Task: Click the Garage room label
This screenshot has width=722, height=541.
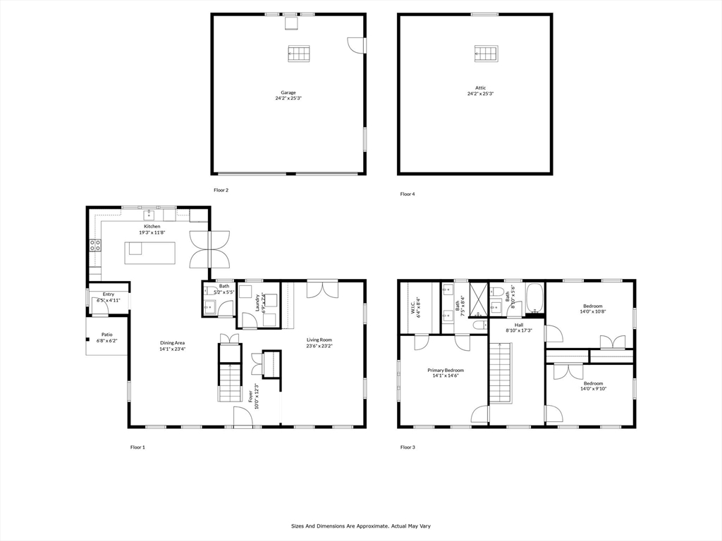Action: [x=288, y=92]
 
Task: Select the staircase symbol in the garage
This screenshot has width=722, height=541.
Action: [x=299, y=54]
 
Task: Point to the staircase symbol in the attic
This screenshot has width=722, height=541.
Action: [x=486, y=53]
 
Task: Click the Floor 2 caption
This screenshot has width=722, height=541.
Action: [x=221, y=189]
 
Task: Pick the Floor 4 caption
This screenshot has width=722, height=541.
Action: [x=408, y=194]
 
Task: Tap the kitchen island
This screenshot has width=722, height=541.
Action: [x=149, y=252]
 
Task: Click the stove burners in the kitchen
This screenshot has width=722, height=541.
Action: [x=94, y=246]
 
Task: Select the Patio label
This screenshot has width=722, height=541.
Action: [x=106, y=335]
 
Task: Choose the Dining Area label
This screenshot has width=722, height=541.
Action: [x=172, y=343]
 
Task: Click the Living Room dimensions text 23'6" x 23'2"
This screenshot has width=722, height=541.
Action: [x=319, y=346]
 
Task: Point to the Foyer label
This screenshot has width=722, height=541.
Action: [x=250, y=397]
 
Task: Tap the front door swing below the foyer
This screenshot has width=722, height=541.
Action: [x=244, y=417]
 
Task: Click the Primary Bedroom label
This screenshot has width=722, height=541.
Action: [x=446, y=370]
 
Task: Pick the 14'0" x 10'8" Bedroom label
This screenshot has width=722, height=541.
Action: [x=592, y=306]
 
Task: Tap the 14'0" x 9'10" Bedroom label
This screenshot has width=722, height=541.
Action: [x=592, y=384]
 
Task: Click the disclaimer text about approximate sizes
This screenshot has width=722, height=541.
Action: [x=360, y=526]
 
